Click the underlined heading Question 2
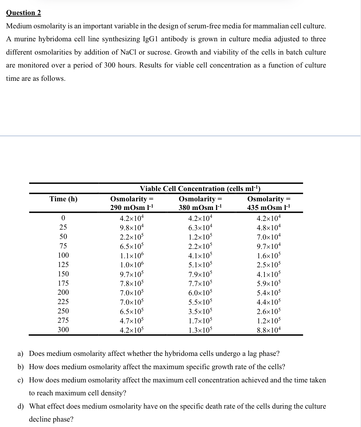(x=24, y=13)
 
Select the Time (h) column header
(x=63, y=199)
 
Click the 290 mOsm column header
(x=132, y=203)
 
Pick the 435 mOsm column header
(x=269, y=203)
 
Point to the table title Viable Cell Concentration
(x=200, y=189)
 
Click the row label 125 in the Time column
(x=63, y=265)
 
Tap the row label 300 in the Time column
(x=63, y=330)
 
